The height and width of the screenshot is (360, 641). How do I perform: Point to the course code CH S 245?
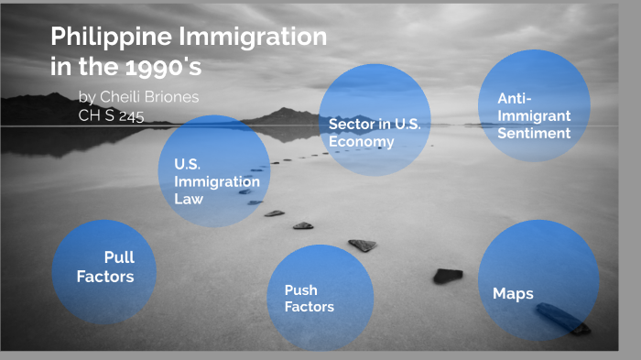point(111,115)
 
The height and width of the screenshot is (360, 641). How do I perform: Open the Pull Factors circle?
point(104,272)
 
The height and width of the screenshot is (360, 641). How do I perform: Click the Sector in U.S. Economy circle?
point(375,119)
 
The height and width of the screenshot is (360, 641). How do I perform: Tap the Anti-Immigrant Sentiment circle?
point(534,105)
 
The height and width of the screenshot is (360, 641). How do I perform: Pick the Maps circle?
point(538,280)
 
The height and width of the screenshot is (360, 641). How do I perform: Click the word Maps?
point(513,294)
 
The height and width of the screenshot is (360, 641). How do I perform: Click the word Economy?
point(362,141)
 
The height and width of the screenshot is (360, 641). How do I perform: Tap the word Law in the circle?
point(189,198)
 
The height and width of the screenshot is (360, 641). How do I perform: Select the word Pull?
point(119,257)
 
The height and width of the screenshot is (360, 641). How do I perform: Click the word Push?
point(300,289)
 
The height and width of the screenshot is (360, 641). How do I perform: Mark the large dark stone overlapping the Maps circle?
point(561,318)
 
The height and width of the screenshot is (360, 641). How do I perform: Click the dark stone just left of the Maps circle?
point(448,276)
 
